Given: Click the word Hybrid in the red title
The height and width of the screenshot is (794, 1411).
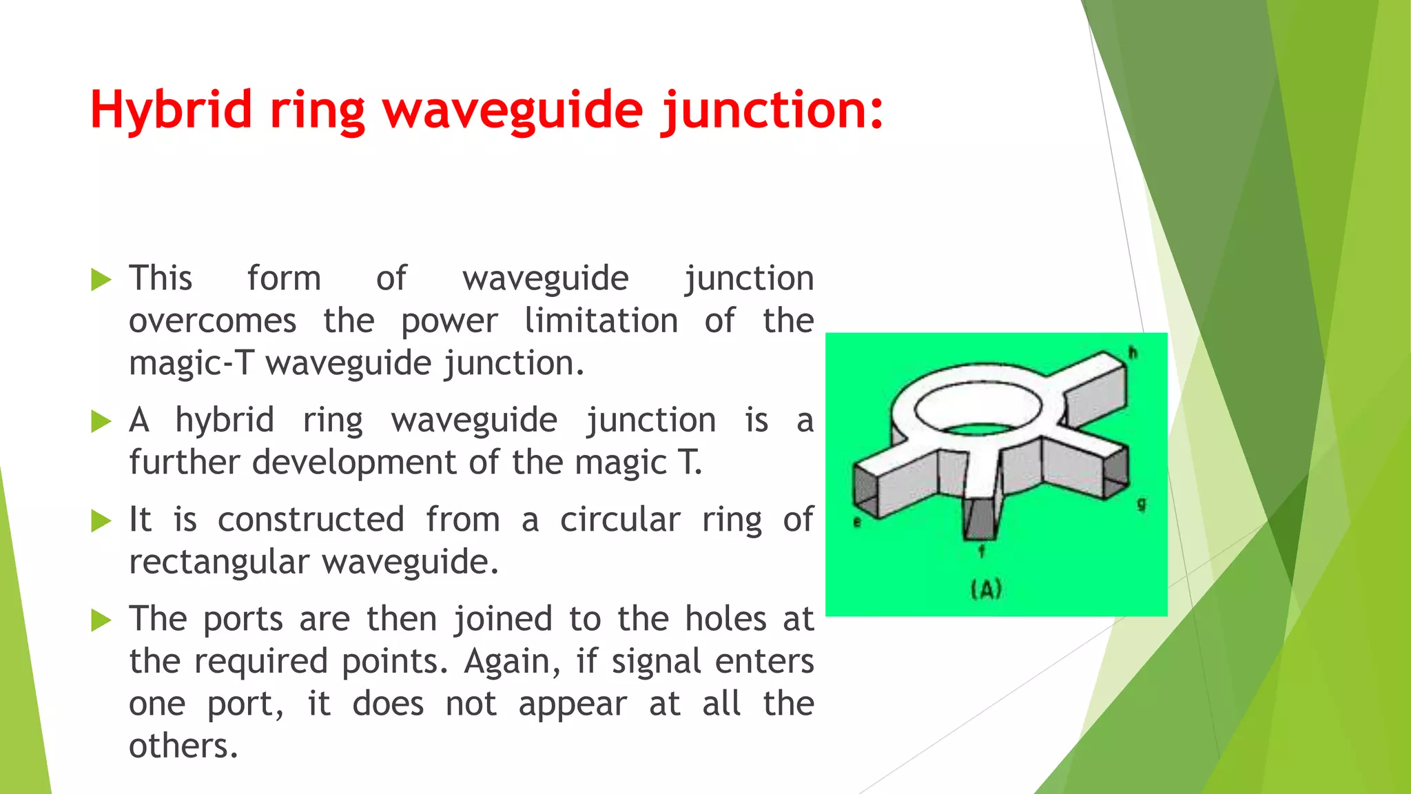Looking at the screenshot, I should coord(171,110).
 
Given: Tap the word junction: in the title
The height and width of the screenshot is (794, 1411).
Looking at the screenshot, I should coord(772,110).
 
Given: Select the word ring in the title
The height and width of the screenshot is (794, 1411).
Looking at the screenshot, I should coord(317,110).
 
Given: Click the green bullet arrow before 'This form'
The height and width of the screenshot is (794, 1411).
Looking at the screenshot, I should coord(101,280).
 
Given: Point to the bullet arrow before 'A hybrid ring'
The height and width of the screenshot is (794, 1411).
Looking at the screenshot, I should coord(101,421).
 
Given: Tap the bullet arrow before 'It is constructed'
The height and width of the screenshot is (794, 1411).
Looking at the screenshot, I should coord(101,521).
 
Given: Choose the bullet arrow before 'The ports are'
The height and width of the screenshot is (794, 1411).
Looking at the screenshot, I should coord(101,620).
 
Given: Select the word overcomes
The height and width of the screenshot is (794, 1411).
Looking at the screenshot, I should coord(213,321).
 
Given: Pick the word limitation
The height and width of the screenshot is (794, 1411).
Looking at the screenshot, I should coord(601,321).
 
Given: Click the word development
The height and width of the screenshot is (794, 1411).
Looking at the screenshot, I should coord(356,462).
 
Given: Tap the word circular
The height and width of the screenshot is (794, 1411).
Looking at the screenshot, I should coord(619,520).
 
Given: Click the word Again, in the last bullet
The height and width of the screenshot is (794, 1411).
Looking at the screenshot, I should coord(512,662).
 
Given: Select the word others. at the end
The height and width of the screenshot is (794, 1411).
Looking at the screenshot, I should coord(183,746).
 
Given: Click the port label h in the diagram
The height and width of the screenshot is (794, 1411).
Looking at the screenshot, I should coord(1133,354).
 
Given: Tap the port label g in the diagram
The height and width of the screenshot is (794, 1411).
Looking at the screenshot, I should coord(1142,505).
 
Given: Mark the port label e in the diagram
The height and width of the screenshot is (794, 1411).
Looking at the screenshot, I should coord(857,522).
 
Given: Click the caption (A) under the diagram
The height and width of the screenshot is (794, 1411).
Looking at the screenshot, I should coord(986,590).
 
